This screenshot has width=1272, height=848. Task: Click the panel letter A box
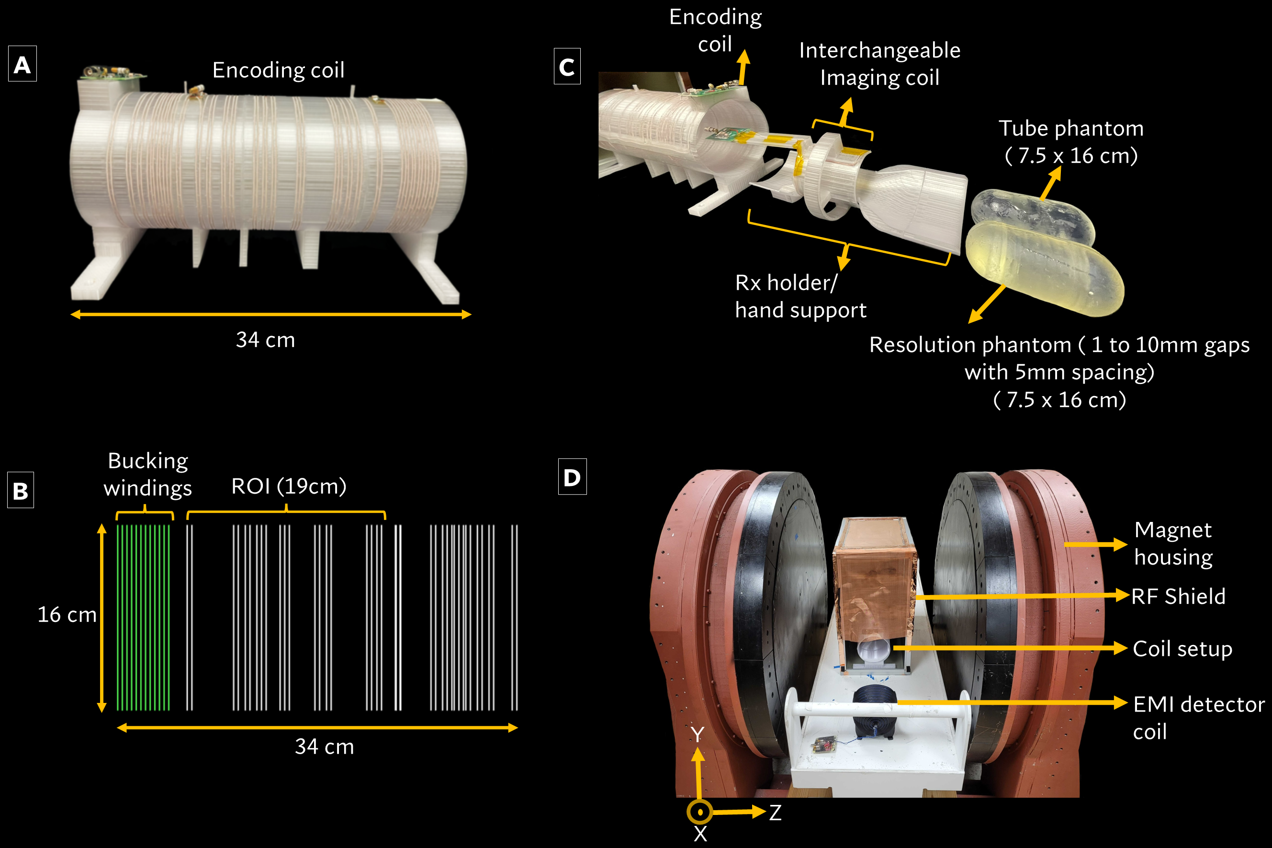(22, 64)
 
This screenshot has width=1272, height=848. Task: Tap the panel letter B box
(21, 490)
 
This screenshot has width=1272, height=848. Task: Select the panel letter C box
(567, 67)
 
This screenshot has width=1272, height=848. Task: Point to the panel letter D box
(572, 476)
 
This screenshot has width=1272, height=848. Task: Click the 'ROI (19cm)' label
(289, 486)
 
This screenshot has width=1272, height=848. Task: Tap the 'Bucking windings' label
(147, 475)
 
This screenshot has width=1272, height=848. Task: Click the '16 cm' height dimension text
(67, 614)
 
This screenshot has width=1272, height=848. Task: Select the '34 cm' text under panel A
(265, 339)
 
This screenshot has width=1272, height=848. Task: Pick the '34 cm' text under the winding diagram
(325, 746)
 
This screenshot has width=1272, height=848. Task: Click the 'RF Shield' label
(1179, 596)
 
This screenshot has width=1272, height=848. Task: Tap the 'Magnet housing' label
(1173, 543)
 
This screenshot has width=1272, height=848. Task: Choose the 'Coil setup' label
(1183, 648)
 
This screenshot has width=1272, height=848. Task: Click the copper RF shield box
(874, 579)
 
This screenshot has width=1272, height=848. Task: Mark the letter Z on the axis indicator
(775, 812)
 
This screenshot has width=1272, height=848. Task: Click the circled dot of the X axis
(699, 812)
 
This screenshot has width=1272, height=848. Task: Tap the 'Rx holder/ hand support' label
(800, 296)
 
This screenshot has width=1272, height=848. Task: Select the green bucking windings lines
(143, 617)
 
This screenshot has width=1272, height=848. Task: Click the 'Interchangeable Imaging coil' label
(879, 64)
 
